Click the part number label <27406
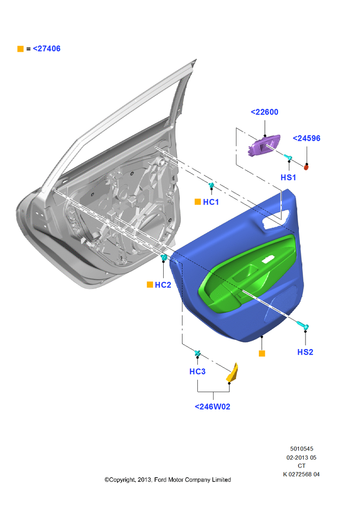pyautogui.click(x=47, y=49)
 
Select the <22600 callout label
pyautogui.click(x=264, y=112)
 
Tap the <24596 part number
pyautogui.click(x=307, y=138)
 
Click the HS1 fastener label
pyautogui.click(x=288, y=177)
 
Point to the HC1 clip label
pyautogui.click(x=211, y=202)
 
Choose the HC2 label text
pyautogui.click(x=163, y=285)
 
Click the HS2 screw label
pyautogui.click(x=305, y=352)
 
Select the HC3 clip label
pyautogui.click(x=197, y=372)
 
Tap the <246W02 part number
pyautogui.click(x=213, y=407)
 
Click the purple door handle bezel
pyautogui.click(x=264, y=145)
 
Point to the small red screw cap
pyautogui.click(x=306, y=167)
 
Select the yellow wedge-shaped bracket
pyautogui.click(x=232, y=373)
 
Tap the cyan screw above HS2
pyautogui.click(x=303, y=325)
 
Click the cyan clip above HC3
pyautogui.click(x=197, y=353)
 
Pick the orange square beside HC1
pyautogui.click(x=197, y=202)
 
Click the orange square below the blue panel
pyautogui.click(x=262, y=354)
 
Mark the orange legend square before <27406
pyautogui.click(x=20, y=49)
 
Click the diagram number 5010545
pyautogui.click(x=302, y=449)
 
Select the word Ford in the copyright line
pyautogui.click(x=160, y=480)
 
